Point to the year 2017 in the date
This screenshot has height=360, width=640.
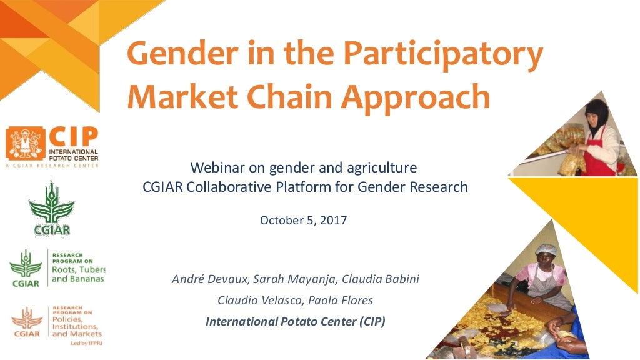(333, 220)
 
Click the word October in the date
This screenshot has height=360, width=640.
(281, 220)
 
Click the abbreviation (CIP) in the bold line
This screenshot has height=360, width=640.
(370, 322)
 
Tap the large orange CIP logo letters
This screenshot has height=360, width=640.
(74, 136)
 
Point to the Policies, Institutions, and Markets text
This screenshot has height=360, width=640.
(75, 326)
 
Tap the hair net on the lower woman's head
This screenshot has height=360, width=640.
(546, 250)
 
